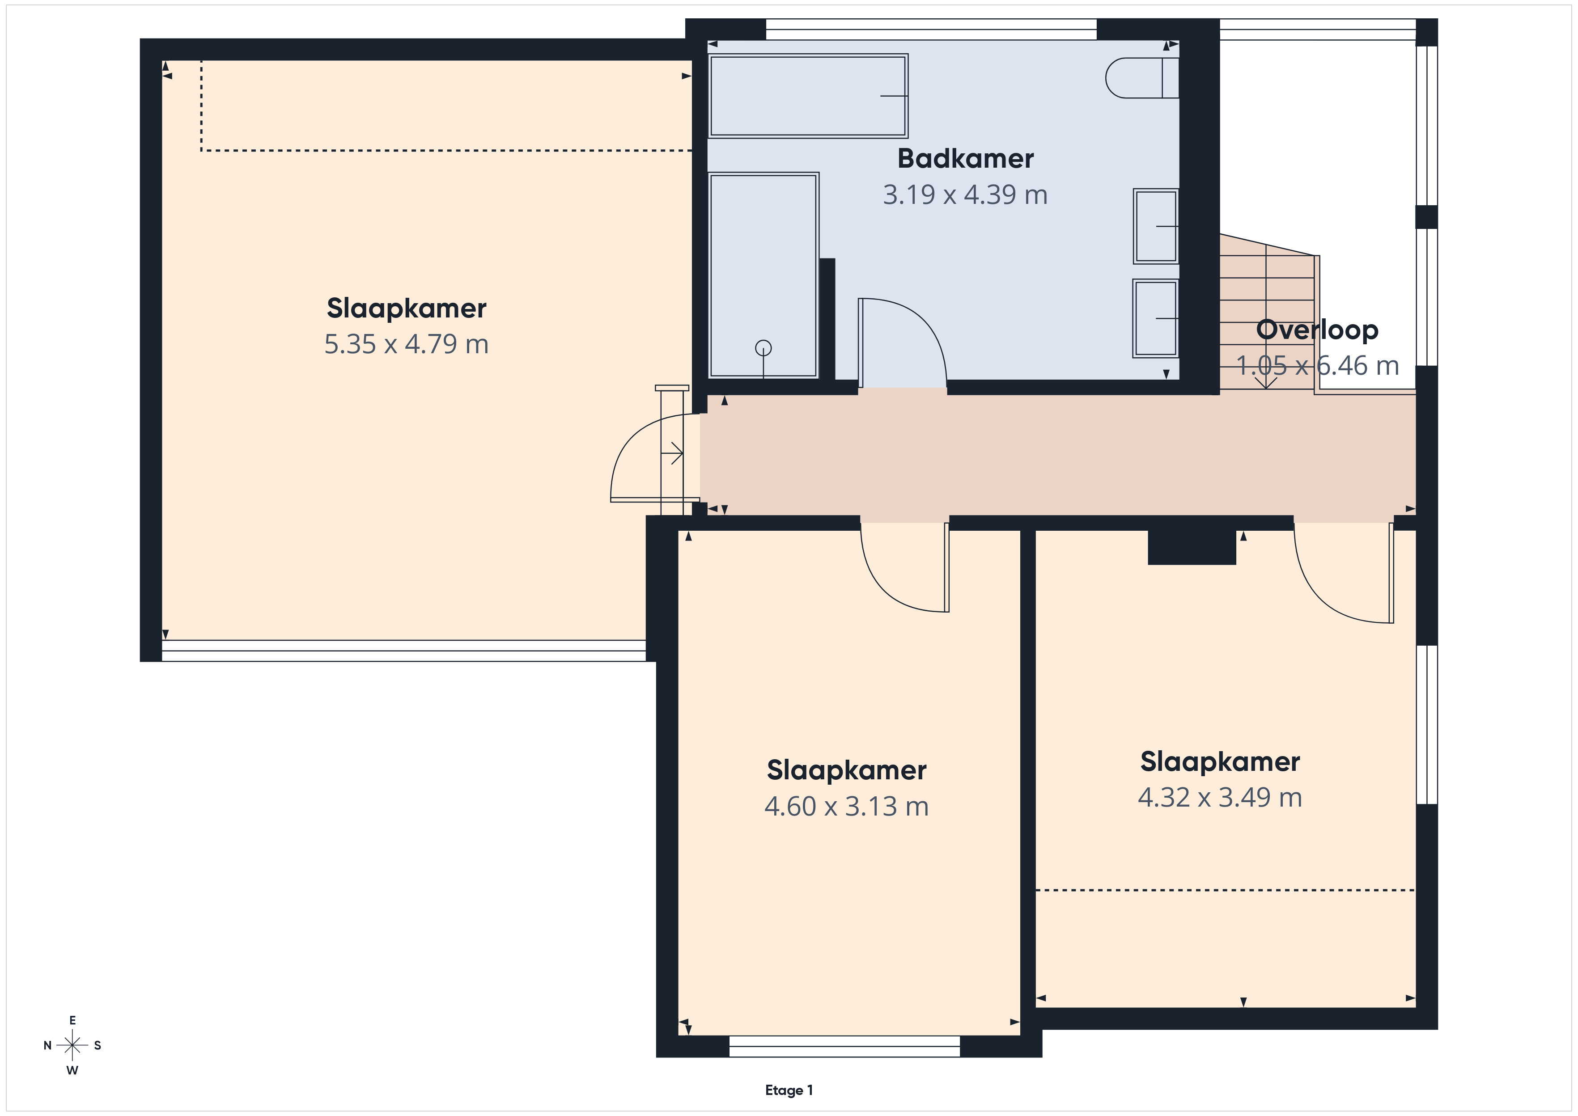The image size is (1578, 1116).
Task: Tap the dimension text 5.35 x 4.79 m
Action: pyautogui.click(x=406, y=344)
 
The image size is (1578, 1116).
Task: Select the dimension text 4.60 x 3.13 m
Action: pyautogui.click(x=846, y=806)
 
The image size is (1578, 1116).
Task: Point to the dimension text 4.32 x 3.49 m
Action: pyautogui.click(x=1220, y=797)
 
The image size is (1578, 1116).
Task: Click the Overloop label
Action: pyautogui.click(x=1317, y=330)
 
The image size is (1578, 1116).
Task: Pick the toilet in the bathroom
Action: pyautogui.click(x=1141, y=78)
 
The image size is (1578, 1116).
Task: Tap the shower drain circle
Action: pyautogui.click(x=763, y=348)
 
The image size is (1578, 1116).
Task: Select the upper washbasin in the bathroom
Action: pyautogui.click(x=1156, y=226)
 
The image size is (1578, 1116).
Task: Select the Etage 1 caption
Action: pyautogui.click(x=789, y=1090)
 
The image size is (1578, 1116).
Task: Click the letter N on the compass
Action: pyautogui.click(x=47, y=1045)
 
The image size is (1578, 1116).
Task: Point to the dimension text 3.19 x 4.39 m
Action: pyautogui.click(x=965, y=195)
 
